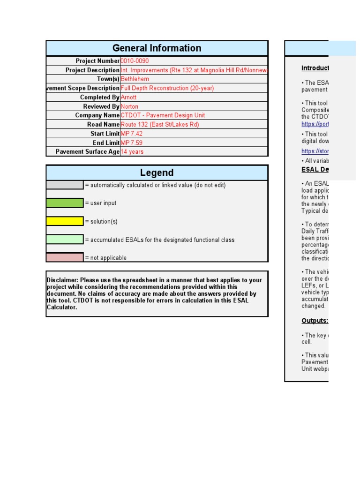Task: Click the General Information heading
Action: pyautogui.click(x=157, y=48)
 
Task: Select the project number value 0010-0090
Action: pyautogui.click(x=135, y=61)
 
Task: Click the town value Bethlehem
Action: pyautogui.click(x=135, y=79)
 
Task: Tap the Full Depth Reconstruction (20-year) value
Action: pyautogui.click(x=161, y=88)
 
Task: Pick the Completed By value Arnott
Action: pyautogui.click(x=128, y=97)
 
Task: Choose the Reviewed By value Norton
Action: pyautogui.click(x=129, y=106)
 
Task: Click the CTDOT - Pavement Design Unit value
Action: pyautogui.click(x=163, y=115)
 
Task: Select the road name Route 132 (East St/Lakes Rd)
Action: pyautogui.click(x=160, y=125)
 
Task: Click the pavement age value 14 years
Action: pyautogui.click(x=132, y=152)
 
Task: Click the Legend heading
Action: pyautogui.click(x=157, y=172)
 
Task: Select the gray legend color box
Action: pyautogui.click(x=65, y=185)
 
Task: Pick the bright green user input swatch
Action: pyautogui.click(x=65, y=203)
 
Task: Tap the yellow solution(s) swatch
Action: pyautogui.click(x=65, y=221)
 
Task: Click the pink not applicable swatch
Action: pyautogui.click(x=65, y=257)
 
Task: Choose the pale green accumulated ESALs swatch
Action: pyautogui.click(x=65, y=240)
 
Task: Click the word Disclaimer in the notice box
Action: pyautogui.click(x=62, y=280)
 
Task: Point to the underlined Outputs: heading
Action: pyautogui.click(x=315, y=321)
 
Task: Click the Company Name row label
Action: pyautogui.click(x=97, y=115)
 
